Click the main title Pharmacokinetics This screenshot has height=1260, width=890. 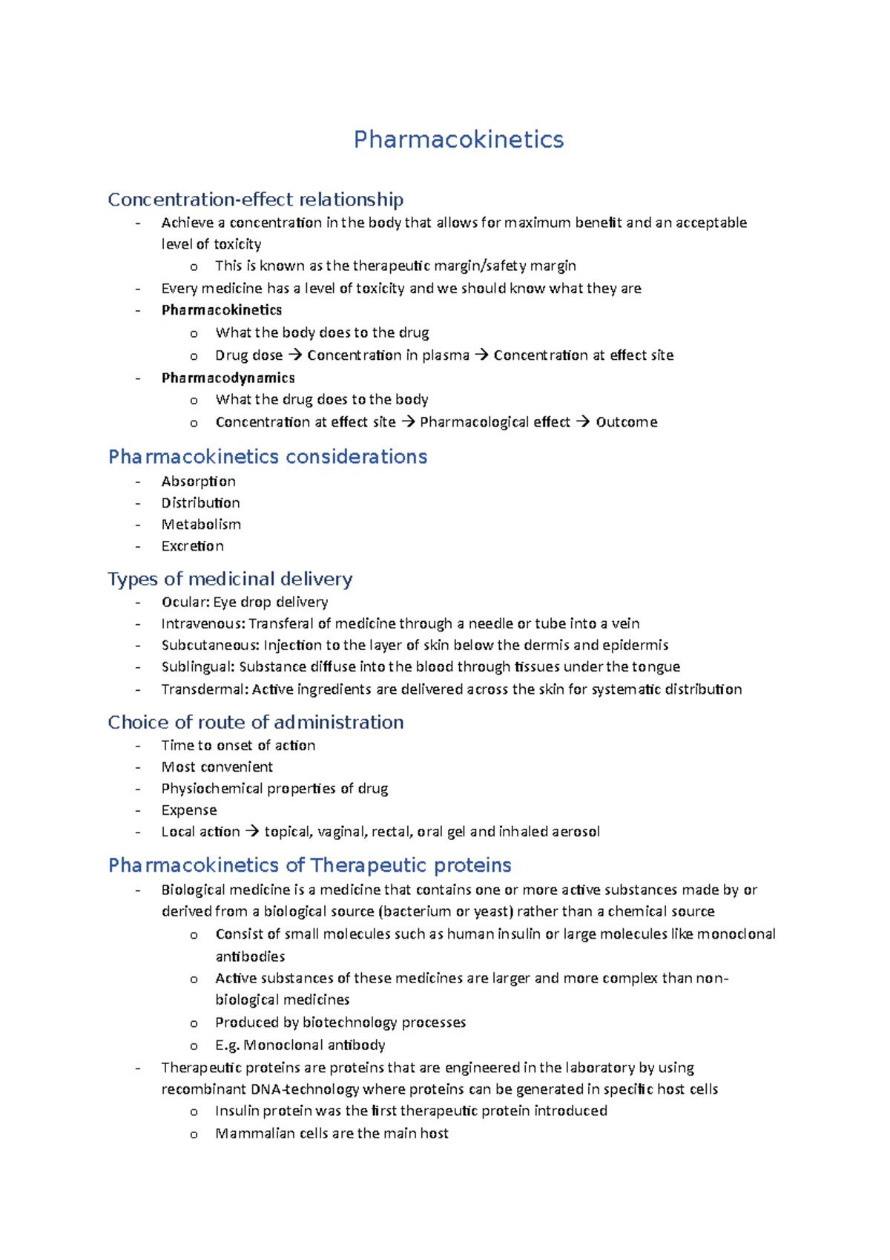458,140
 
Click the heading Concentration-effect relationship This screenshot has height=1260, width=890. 255,200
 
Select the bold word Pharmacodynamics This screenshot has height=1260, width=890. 228,378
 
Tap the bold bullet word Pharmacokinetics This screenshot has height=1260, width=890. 221,310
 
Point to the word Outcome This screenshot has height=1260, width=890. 626,422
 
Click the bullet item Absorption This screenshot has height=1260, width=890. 198,482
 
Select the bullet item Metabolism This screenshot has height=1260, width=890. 200,525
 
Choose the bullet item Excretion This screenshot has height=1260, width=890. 192,546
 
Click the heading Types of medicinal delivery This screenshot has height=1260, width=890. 230,579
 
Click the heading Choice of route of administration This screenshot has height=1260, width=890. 255,722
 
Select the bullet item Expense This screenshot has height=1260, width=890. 188,810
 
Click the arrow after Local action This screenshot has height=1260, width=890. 252,832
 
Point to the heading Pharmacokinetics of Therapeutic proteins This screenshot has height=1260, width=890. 309,865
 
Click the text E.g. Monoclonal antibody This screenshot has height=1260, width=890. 300,1045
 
